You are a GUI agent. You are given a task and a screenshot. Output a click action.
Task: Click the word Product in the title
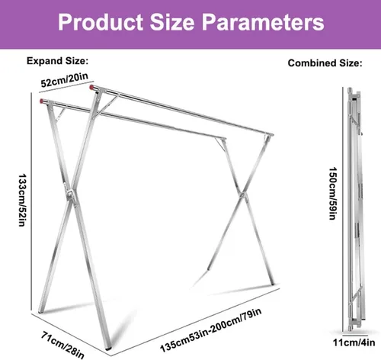(101, 22)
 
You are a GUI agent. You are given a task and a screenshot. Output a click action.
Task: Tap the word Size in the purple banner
(172, 22)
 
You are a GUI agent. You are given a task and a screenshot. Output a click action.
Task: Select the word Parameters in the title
(263, 23)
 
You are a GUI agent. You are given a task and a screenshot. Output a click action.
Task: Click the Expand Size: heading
(57, 61)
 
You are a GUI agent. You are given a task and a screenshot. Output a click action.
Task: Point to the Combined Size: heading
(325, 63)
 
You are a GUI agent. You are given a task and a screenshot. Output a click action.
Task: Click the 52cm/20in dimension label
(65, 80)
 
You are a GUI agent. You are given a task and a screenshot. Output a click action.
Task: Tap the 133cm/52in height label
(22, 200)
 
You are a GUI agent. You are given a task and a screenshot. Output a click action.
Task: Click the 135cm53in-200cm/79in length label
(211, 330)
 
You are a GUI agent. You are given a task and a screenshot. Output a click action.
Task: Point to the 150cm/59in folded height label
(332, 193)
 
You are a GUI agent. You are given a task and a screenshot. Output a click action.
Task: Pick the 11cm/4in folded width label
(354, 342)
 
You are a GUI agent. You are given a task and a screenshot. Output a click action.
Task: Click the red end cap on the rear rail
(91, 87)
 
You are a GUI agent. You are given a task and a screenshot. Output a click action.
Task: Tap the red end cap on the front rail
(42, 101)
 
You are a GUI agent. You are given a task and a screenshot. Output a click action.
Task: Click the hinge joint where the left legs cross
(70, 192)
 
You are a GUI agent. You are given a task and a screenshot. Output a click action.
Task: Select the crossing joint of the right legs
(242, 194)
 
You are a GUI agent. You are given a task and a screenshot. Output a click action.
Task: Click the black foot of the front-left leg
(108, 348)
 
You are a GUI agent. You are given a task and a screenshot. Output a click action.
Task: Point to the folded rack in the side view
(354, 209)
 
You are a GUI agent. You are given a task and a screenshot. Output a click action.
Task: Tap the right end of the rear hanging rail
(271, 134)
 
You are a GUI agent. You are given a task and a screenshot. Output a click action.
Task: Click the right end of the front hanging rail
(224, 139)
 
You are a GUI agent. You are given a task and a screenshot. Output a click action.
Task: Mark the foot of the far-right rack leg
(272, 283)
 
